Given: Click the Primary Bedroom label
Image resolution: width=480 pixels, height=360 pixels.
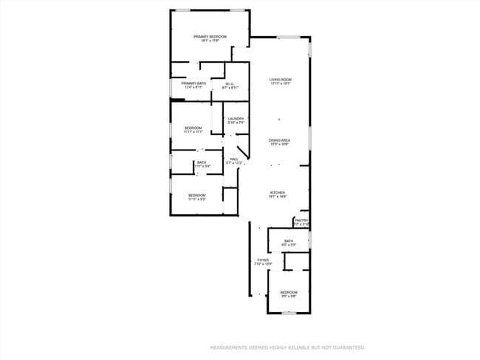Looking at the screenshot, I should [210, 36].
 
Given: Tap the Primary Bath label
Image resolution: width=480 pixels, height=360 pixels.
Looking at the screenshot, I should [193, 84].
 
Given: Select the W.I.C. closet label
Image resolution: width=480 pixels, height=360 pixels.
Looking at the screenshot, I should [230, 84].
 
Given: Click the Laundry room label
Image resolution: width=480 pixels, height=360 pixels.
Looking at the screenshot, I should [236, 119].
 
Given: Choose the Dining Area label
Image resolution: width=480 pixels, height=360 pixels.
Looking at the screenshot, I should [278, 139].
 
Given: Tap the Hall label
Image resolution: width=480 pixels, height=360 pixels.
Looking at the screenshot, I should [233, 159].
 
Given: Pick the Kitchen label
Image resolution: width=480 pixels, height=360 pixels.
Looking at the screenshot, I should [277, 193].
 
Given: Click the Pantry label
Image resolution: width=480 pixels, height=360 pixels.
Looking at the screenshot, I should [301, 221].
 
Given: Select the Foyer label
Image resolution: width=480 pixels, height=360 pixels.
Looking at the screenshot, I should [263, 260].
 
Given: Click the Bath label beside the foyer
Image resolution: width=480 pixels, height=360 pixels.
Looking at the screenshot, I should [289, 240].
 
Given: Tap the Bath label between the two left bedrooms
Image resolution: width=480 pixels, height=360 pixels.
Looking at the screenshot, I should [201, 163].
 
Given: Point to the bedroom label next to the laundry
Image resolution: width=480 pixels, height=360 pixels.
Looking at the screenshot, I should [193, 128].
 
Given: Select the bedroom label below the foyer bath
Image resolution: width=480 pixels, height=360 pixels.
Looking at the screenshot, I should [288, 292].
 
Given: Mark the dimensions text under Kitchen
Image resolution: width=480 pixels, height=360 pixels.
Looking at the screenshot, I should [277, 197].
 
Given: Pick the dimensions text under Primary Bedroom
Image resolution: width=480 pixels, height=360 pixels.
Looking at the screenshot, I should [210, 41].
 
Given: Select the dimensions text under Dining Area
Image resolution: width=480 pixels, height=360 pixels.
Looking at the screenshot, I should [278, 144].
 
